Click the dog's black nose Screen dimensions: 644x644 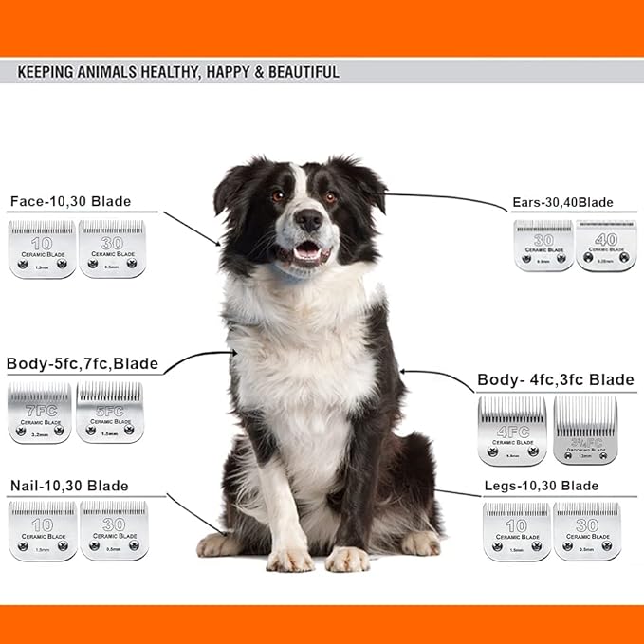pyautogui.click(x=308, y=220)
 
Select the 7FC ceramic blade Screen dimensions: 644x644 pyautogui.click(x=40, y=413)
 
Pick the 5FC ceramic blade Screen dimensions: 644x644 pyautogui.click(x=109, y=413)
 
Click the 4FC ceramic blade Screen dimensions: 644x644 pyautogui.click(x=512, y=431)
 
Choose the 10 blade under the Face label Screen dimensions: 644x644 pyautogui.click(x=42, y=248)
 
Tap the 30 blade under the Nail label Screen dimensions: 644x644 pyautogui.click(x=114, y=530)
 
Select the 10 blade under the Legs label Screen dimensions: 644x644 pyautogui.click(x=517, y=531)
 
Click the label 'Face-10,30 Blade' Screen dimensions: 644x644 pyautogui.click(x=70, y=201)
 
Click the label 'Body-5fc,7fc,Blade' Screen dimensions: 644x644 pyautogui.click(x=83, y=363)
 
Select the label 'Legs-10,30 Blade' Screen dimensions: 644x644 pyautogui.click(x=541, y=486)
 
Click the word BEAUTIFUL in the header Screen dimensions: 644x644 pyautogui.click(x=295, y=72)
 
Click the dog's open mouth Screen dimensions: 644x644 pyautogui.click(x=306, y=252)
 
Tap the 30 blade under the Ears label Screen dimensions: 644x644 pyautogui.click(x=543, y=247)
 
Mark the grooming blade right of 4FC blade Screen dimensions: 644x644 pyautogui.click(x=585, y=431)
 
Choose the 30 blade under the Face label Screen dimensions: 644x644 pyautogui.click(x=112, y=248)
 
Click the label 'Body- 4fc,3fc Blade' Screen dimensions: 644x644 pyautogui.click(x=556, y=379)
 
